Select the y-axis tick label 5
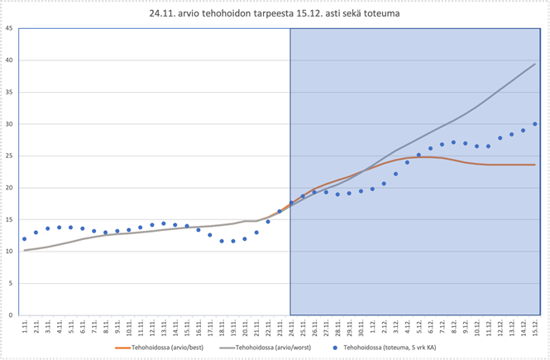point(10,283)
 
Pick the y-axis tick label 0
point(10,315)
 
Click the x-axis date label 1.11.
point(25,328)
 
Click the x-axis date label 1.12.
point(373,328)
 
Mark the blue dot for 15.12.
point(535,124)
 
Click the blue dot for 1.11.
point(25,239)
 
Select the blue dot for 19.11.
point(234,241)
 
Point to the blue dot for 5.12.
point(419,155)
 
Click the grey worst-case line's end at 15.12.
point(535,64)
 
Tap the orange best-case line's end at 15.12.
point(535,165)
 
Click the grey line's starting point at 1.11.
point(25,250)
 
